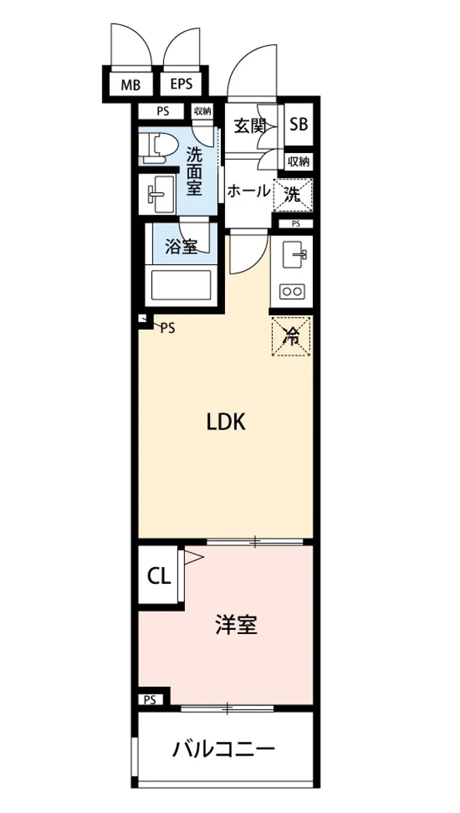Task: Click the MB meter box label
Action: pos(131,85)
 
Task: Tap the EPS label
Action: pos(181,85)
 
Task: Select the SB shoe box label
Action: pos(299,125)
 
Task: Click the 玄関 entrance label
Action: pos(249,126)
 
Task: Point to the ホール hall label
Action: pos(248,192)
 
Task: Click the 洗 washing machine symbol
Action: pos(292,195)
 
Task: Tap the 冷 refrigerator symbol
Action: pos(292,337)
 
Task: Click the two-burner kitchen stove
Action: pos(292,292)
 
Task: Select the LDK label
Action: pos(226,423)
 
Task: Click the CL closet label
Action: pos(159,577)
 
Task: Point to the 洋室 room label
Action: pos(236,625)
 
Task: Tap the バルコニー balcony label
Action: pos(224,750)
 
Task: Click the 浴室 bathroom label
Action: pos(182,247)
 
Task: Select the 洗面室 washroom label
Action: pos(194,171)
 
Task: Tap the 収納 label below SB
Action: pos(299,161)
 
